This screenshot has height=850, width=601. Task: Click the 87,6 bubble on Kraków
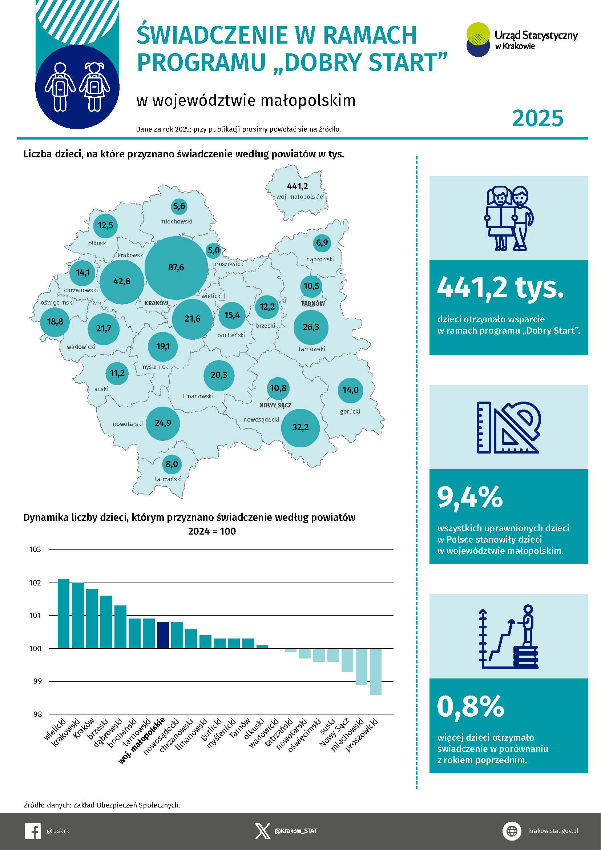pyautogui.click(x=176, y=268)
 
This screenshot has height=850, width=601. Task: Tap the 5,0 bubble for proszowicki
pyautogui.click(x=214, y=251)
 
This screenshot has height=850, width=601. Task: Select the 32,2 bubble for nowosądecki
pyautogui.click(x=300, y=428)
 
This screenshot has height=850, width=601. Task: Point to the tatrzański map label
pyautogui.click(x=168, y=479)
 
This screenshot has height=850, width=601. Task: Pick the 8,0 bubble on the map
pyautogui.click(x=172, y=464)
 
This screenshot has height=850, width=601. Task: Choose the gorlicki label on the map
pyautogui.click(x=350, y=411)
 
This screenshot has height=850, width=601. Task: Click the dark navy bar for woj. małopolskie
pyautogui.click(x=163, y=635)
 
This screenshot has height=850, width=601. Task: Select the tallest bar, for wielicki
pyautogui.click(x=63, y=613)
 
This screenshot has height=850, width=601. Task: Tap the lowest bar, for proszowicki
pyautogui.click(x=376, y=672)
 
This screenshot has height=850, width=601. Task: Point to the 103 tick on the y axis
pyautogui.click(x=35, y=549)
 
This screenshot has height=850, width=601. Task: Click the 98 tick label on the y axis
pyautogui.click(x=37, y=714)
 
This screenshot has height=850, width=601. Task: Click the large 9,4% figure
pyautogui.click(x=469, y=497)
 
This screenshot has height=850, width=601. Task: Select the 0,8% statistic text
pyautogui.click(x=470, y=706)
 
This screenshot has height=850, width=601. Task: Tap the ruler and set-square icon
pyautogui.click(x=508, y=427)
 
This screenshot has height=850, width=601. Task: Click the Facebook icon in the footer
pyautogui.click(x=33, y=831)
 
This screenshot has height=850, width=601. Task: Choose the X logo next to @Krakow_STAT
pyautogui.click(x=262, y=831)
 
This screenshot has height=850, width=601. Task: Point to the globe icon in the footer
pyautogui.click(x=512, y=831)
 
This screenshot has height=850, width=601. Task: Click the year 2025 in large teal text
pyautogui.click(x=537, y=118)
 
